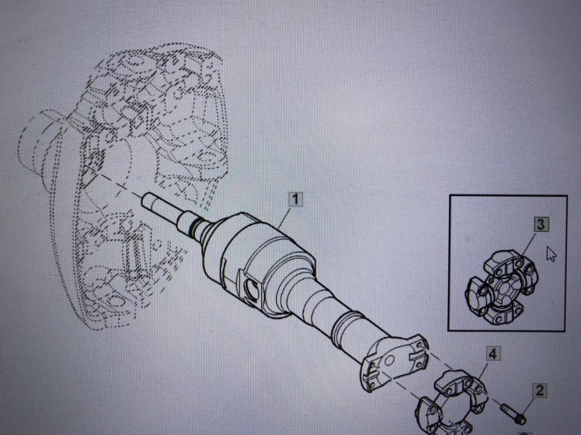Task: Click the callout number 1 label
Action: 295,200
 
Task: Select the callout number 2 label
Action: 539,390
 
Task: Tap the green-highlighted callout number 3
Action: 541,224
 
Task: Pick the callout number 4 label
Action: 493,354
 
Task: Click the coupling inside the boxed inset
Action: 501,287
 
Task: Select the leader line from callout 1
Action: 285,218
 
